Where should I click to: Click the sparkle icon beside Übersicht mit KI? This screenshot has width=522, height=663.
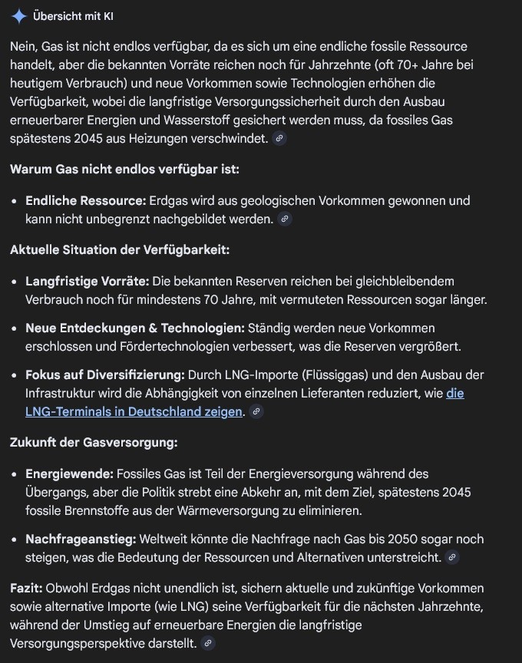(x=19, y=16)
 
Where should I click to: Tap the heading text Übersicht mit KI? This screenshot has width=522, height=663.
(x=74, y=16)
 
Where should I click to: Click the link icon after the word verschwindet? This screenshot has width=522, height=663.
(x=279, y=139)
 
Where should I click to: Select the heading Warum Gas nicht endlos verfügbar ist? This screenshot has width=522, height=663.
(x=124, y=169)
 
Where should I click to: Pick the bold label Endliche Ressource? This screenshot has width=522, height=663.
(x=85, y=200)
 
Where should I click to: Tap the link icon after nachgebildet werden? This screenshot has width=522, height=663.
(x=285, y=219)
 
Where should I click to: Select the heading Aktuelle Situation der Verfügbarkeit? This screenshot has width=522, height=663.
(x=120, y=249)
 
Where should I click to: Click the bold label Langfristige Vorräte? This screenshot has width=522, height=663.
(x=86, y=281)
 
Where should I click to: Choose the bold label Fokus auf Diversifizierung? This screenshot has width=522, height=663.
(x=105, y=374)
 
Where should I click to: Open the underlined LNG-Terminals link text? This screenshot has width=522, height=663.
(x=134, y=411)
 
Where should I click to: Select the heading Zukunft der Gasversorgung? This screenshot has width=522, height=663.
(x=94, y=442)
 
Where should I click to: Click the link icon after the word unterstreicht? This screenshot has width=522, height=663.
(x=452, y=558)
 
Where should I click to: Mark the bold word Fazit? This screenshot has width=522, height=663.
(x=26, y=588)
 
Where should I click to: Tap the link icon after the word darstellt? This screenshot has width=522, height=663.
(x=207, y=643)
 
